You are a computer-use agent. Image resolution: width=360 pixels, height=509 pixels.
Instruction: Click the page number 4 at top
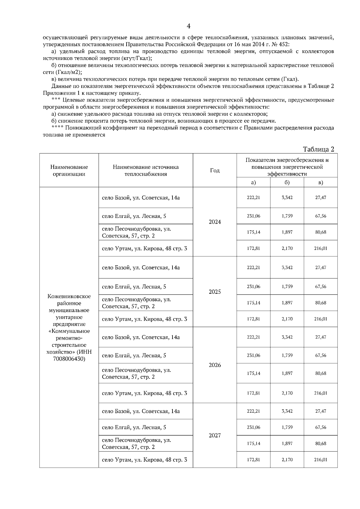(188, 26)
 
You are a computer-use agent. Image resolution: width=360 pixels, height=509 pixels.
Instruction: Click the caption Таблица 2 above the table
(318, 149)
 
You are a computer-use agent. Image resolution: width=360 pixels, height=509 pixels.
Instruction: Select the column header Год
(215, 171)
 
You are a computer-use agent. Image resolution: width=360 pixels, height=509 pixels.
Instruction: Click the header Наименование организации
(69, 171)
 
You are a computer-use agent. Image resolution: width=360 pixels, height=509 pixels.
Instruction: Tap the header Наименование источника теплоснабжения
(145, 171)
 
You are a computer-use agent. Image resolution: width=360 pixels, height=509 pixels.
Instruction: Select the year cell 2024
(215, 222)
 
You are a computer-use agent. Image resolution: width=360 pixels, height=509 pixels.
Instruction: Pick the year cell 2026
(215, 365)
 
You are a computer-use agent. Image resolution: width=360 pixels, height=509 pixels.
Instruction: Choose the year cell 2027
(215, 436)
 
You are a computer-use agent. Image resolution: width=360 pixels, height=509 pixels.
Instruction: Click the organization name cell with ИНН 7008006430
(69, 327)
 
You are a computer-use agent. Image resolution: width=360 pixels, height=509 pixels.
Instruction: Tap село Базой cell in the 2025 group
(141, 268)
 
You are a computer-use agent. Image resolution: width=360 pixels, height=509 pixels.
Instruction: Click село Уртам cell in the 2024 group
(144, 249)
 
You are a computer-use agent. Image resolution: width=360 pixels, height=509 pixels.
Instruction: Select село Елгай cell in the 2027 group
(134, 427)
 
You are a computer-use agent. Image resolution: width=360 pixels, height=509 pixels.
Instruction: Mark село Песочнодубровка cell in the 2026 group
(136, 374)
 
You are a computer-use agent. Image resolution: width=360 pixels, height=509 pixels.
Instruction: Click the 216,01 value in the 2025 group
(320, 319)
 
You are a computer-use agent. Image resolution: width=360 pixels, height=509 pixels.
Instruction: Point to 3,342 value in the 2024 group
(287, 198)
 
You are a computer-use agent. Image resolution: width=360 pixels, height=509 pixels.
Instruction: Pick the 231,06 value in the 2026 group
(253, 356)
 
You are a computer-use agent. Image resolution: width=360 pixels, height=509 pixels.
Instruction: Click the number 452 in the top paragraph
(284, 45)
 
